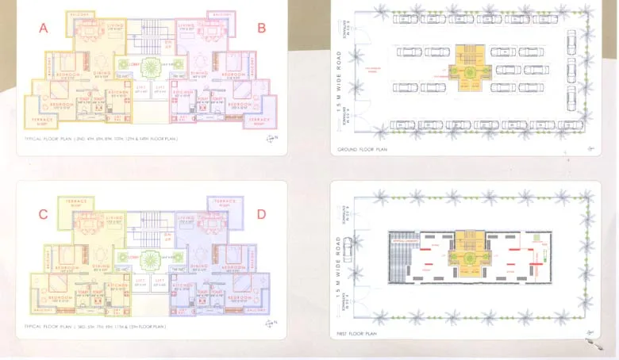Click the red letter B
point(261,29)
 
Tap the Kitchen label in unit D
point(183,286)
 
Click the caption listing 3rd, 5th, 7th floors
point(95,327)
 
